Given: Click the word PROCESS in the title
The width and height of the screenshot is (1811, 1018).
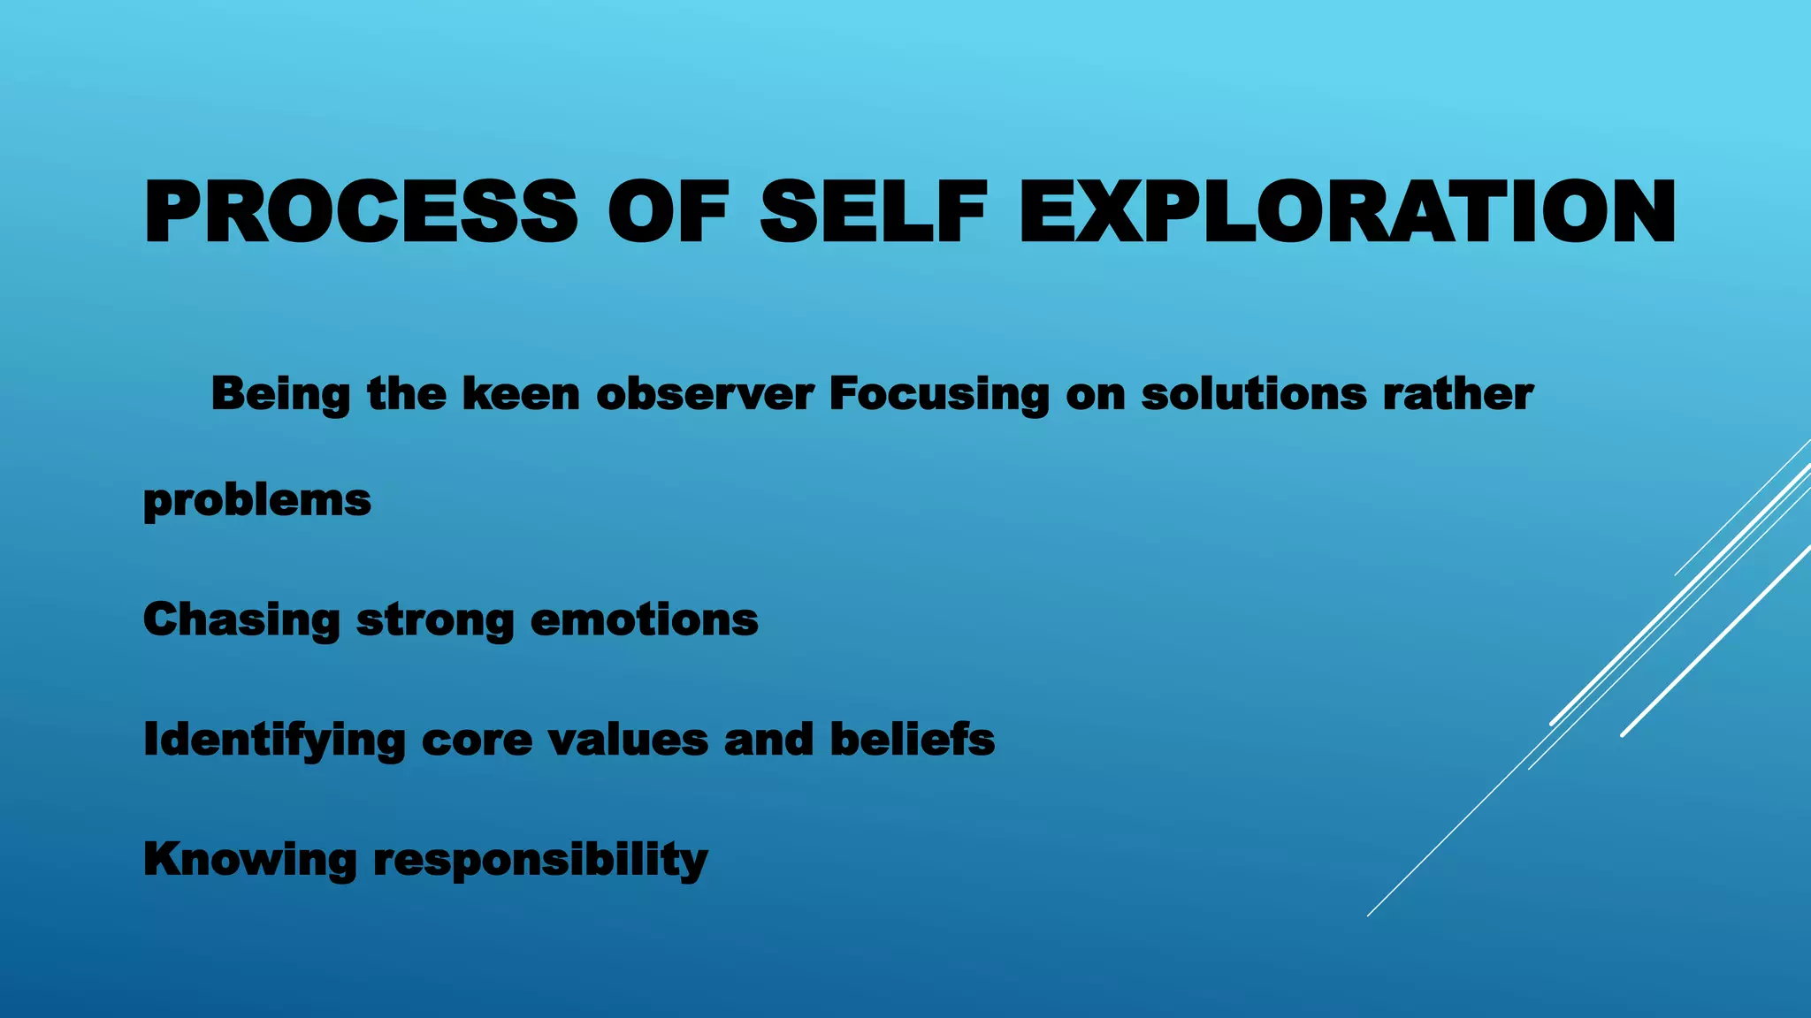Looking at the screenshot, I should (361, 212).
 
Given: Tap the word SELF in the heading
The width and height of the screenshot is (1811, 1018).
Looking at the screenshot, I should (873, 212).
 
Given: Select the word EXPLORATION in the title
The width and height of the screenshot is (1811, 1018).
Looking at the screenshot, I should (1347, 212).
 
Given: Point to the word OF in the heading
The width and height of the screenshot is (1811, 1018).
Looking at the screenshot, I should (669, 212).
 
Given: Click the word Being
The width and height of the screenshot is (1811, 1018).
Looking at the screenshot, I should (280, 394).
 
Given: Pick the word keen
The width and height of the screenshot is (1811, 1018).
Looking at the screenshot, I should (521, 394).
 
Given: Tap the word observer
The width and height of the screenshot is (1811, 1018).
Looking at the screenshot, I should (705, 394).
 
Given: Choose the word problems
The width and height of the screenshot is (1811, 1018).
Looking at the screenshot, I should (257, 501).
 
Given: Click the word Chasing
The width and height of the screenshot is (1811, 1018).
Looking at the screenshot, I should (241, 620).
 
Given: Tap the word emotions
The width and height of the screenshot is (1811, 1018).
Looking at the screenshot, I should (644, 620).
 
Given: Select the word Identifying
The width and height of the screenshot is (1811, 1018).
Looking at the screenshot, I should (274, 741).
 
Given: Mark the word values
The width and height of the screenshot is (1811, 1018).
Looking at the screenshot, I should (628, 740).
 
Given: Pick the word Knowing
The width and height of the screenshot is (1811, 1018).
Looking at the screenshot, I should (250, 860).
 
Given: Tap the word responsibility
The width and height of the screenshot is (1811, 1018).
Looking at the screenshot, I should (540, 860).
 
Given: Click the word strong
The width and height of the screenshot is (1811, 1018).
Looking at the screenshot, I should (435, 620).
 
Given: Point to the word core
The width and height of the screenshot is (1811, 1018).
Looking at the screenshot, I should (478, 741).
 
